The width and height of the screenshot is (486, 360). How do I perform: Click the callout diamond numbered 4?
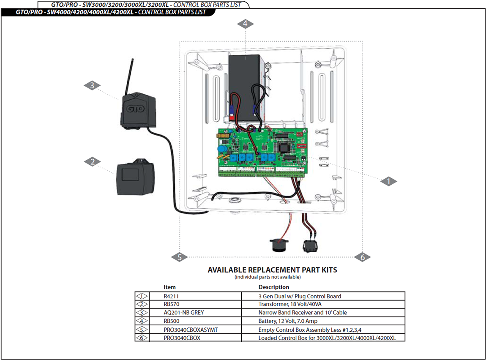[x=245, y=24]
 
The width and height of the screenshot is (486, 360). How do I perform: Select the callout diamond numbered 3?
[x=92, y=86]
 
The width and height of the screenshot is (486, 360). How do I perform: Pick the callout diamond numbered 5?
[x=180, y=257]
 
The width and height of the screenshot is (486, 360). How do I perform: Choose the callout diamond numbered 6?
[x=362, y=257]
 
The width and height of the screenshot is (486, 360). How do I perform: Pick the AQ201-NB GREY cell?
[x=181, y=313]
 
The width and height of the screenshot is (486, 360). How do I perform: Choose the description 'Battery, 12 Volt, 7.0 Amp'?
[x=288, y=321]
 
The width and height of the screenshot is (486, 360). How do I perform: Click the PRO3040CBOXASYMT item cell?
[x=190, y=330]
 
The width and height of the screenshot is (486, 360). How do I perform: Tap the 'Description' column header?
[x=274, y=287]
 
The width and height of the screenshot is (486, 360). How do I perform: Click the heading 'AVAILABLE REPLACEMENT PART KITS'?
[x=272, y=270]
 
